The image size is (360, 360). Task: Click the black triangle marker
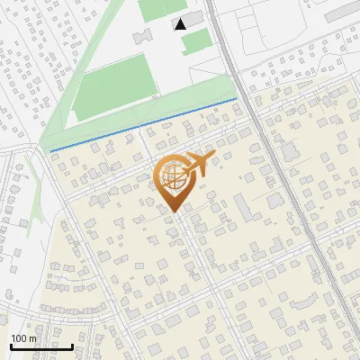point(181,23)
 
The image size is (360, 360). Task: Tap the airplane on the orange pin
point(195,166)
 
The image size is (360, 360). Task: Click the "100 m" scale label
point(23,338)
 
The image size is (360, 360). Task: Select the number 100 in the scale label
point(19,338)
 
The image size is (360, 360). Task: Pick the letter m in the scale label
point(32,338)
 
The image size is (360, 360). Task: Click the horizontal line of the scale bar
point(40,347)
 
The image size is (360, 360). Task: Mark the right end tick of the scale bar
point(73,346)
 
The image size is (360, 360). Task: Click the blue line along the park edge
point(144,123)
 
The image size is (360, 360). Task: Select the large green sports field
point(115,88)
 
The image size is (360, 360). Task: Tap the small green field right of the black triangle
point(198,39)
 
